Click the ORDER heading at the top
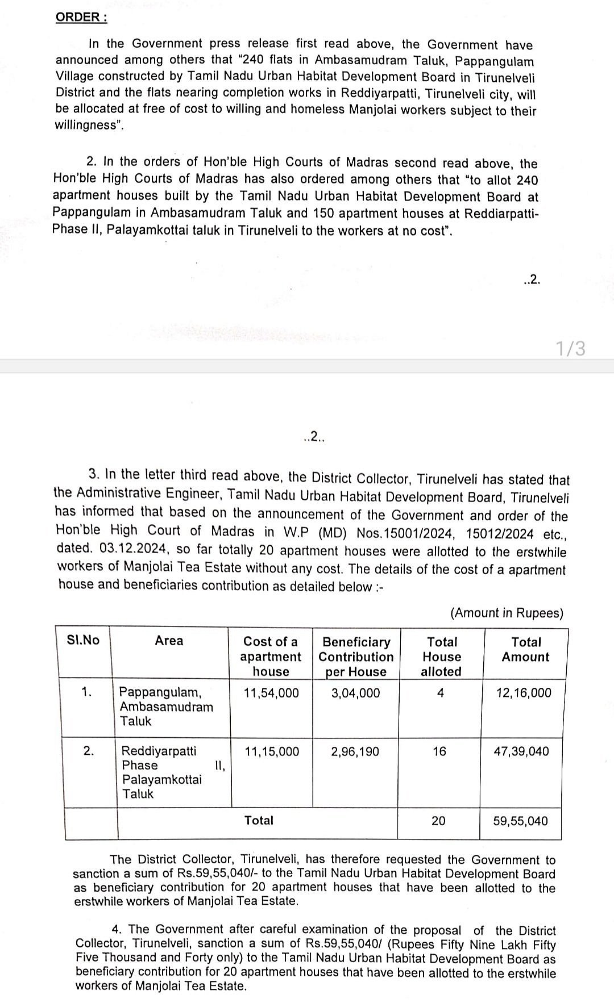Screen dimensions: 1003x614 tap(81, 17)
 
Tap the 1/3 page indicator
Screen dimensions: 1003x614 tap(570, 348)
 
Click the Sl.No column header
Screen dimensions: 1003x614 tap(83, 640)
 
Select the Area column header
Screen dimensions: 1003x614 tap(169, 641)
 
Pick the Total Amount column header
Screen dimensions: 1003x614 tap(526, 649)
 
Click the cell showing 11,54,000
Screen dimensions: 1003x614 tap(271, 692)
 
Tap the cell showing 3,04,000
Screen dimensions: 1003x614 tap(355, 692)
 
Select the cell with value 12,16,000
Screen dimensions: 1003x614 tap(523, 692)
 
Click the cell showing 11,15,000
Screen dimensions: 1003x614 tap(271, 751)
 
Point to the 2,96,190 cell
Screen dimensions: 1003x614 tap(355, 751)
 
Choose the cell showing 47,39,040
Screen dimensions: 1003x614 tap(521, 751)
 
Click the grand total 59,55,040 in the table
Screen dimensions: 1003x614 tap(520, 821)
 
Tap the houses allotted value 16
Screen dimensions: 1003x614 tap(439, 751)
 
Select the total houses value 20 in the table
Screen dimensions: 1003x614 tap(438, 821)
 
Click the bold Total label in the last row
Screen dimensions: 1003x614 tap(259, 820)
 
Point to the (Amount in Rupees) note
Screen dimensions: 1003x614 tap(507, 613)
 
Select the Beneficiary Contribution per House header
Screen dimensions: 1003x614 tap(356, 657)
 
